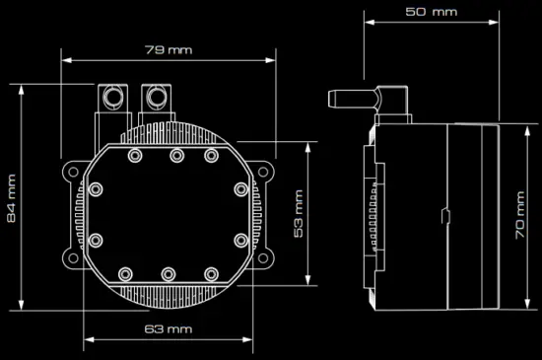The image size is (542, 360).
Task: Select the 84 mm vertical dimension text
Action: [12, 197]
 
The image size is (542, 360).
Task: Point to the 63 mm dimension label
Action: [168, 327]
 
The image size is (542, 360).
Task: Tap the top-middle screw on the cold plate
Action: [175, 155]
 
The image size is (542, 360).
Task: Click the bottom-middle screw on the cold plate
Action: [169, 273]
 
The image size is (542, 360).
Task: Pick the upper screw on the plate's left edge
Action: [96, 189]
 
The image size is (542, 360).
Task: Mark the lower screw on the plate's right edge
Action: [240, 239]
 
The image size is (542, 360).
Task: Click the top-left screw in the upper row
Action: [135, 155]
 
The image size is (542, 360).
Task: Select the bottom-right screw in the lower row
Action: [211, 273]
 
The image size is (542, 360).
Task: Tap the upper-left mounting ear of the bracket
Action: [71, 171]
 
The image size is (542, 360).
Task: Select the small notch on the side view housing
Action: [444, 215]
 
